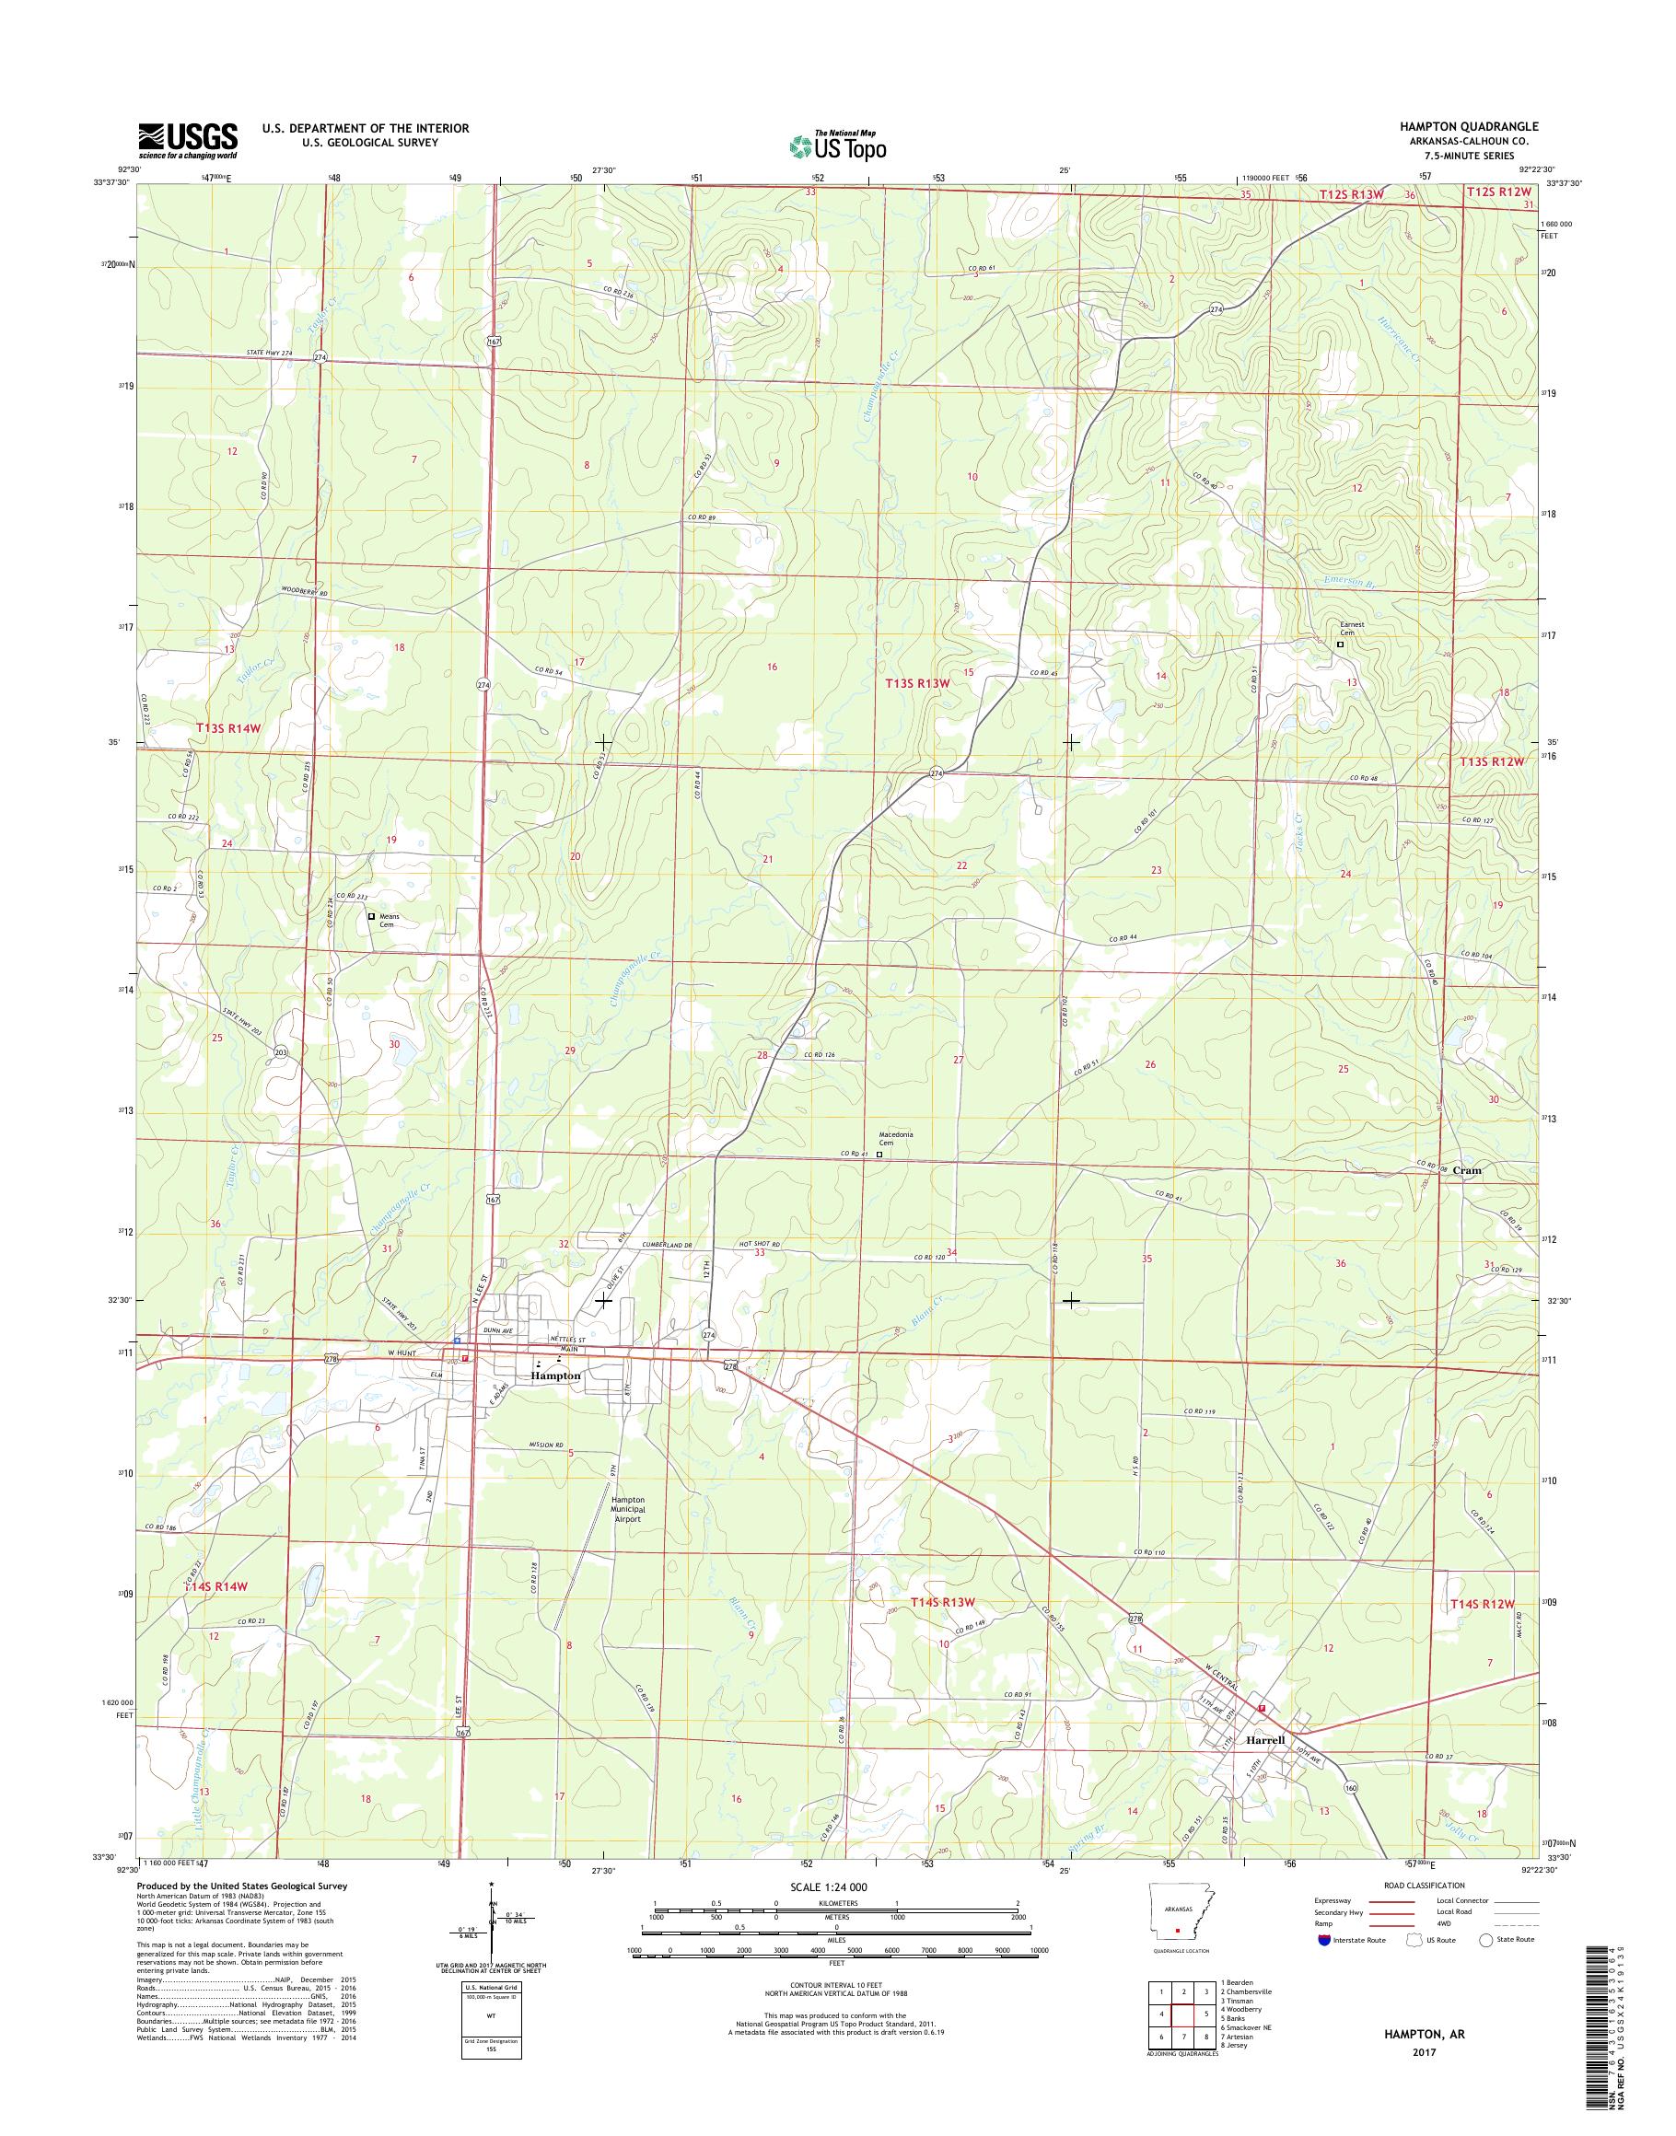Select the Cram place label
pyautogui.click(x=1468, y=1169)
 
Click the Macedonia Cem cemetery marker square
pyautogui.click(x=879, y=1155)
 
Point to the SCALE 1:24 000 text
pyautogui.click(x=828, y=1886)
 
